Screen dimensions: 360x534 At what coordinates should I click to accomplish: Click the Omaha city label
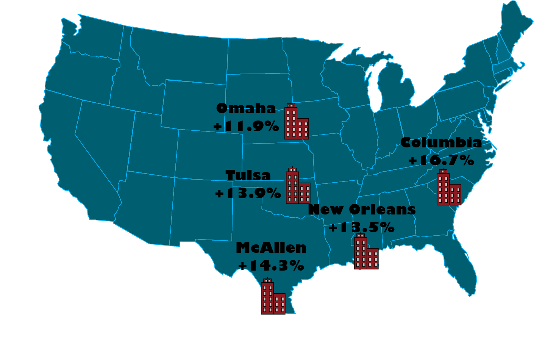coord(246,109)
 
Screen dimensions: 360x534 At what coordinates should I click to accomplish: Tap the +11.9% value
coord(246,126)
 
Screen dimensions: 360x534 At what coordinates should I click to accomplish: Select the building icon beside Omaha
coord(296,122)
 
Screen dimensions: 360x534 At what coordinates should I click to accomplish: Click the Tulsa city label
coord(248,175)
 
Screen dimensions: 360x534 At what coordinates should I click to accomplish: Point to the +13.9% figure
coord(248,193)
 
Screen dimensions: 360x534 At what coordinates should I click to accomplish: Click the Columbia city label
coord(441,143)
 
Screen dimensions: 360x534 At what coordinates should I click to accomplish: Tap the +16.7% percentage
coord(441,161)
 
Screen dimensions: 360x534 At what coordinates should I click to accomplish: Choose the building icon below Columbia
coord(448,188)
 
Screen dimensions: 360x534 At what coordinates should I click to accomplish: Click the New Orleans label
coord(362,209)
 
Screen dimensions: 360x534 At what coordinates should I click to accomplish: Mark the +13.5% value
coord(362,227)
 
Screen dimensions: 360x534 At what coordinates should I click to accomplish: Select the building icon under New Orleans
coord(366,252)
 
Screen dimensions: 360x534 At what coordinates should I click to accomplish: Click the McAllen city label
coord(271,248)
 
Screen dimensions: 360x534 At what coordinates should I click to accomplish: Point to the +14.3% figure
coord(271,265)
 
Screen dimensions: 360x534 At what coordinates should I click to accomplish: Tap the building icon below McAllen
coord(273,297)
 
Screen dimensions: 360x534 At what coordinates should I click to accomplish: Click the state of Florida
coord(464,265)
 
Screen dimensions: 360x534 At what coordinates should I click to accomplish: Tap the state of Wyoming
coord(193,104)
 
